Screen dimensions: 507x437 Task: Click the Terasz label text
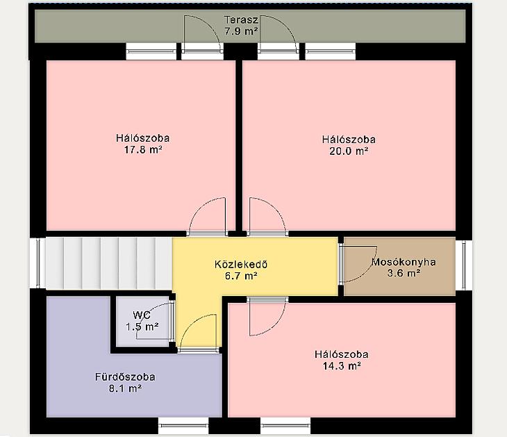tap(241, 20)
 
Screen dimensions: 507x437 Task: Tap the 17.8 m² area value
tap(143, 150)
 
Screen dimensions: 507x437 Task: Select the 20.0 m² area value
tap(349, 151)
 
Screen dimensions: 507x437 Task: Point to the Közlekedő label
tap(241, 264)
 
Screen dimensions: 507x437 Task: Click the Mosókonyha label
tap(404, 262)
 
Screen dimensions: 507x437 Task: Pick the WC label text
tap(142, 315)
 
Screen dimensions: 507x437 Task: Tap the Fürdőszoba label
tap(125, 377)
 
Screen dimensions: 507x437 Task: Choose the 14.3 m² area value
tap(342, 366)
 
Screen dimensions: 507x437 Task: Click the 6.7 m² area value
tap(241, 276)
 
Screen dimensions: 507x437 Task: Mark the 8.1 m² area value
tap(125, 388)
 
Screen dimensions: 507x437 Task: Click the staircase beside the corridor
tap(108, 263)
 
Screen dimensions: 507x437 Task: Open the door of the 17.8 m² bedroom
tap(207, 216)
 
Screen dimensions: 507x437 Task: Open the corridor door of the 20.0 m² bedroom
tap(267, 216)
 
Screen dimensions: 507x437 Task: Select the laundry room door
tap(358, 264)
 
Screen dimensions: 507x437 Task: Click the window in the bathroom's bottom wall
tap(183, 425)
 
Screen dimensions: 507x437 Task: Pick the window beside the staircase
tap(38, 263)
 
